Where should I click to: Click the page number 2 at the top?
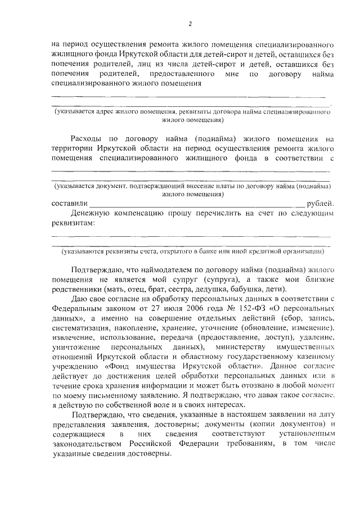190,24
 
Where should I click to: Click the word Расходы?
89,138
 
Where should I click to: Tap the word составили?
69,203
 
